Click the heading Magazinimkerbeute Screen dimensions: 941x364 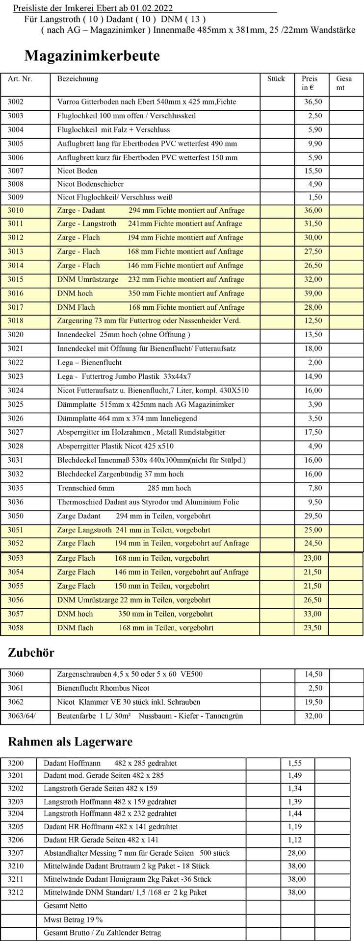tap(92, 56)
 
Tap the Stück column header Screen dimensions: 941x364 tap(276, 79)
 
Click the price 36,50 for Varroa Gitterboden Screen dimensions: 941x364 tap(313, 102)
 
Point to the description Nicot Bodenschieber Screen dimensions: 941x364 tap(90, 184)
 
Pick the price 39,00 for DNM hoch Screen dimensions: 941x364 tap(313, 294)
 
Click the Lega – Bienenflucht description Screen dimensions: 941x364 tap(89, 363)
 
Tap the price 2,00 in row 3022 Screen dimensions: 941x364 tap(315, 363)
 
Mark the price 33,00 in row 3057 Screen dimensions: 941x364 tap(313, 614)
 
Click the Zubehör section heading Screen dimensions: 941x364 tap(31, 652)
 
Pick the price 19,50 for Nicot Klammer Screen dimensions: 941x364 tap(313, 702)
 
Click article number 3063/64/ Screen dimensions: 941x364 tap(22, 716)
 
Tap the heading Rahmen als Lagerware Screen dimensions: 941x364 tap(70, 742)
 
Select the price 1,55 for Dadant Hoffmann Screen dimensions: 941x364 tap(295, 763)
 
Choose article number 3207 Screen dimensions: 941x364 tap(16, 853)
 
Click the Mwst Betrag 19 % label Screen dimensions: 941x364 tap(73, 920)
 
